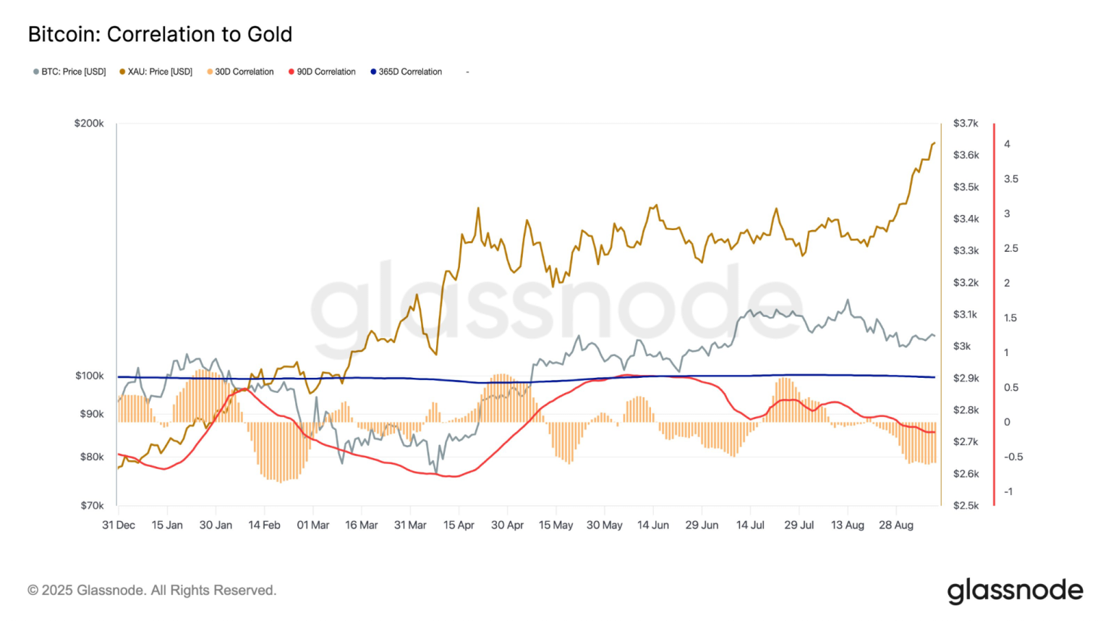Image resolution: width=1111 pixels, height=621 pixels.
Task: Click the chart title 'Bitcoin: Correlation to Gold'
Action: coord(160,34)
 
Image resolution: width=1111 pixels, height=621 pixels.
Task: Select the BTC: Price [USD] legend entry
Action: coord(69,72)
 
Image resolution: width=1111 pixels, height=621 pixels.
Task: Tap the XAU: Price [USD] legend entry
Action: coord(156,72)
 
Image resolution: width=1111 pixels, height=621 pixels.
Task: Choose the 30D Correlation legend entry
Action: coord(240,72)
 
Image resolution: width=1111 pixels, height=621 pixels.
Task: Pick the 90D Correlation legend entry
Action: coord(322,72)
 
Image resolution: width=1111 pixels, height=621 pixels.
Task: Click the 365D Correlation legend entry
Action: coord(406,72)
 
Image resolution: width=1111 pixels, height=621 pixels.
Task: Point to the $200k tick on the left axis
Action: coord(89,123)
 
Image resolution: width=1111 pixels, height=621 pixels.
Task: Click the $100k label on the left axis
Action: coord(90,376)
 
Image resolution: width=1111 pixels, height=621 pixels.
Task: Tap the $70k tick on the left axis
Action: coord(92,505)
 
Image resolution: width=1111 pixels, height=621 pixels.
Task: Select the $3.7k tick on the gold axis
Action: coord(966,123)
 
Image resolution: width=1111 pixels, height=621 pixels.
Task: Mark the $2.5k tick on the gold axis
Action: coord(966,505)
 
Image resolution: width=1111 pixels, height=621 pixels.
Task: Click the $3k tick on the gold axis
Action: coord(962,346)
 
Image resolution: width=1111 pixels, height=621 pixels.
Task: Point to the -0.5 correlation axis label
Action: coord(1013,457)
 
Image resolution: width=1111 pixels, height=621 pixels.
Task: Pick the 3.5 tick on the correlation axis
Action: coord(1010,179)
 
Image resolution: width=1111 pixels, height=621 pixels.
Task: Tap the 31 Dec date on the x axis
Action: coord(119,525)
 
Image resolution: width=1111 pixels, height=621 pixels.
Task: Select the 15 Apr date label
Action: coord(459,525)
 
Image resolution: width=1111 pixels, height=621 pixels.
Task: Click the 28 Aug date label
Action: coord(896,525)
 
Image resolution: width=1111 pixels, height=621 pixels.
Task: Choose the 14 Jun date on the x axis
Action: coord(653,525)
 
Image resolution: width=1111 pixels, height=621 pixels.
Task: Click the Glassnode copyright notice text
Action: coord(152,590)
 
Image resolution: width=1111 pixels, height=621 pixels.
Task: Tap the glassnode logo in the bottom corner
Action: coord(1015,591)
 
